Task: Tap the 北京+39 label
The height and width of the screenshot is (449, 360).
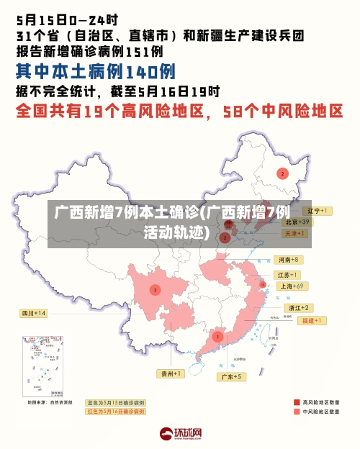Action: click(x=295, y=222)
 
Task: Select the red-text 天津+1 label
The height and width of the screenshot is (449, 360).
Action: click(x=295, y=234)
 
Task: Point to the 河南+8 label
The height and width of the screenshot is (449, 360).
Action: click(x=287, y=259)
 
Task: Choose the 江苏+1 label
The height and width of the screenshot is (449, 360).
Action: click(x=287, y=275)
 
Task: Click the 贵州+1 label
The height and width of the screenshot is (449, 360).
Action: click(x=172, y=373)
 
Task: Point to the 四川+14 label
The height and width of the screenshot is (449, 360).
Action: click(x=33, y=313)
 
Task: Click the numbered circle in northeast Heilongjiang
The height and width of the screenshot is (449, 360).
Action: click(x=283, y=173)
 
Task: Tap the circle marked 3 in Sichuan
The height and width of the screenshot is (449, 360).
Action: click(x=154, y=290)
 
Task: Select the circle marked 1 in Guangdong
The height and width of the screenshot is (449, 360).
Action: click(x=217, y=336)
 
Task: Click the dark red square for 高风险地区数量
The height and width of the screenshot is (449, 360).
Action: click(x=296, y=402)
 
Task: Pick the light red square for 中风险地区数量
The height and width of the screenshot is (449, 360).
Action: click(x=296, y=412)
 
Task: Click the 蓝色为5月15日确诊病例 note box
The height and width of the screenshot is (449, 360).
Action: click(x=115, y=402)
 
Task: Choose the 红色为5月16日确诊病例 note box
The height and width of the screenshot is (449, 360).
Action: click(x=115, y=412)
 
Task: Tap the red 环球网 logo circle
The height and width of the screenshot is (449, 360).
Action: click(x=166, y=434)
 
